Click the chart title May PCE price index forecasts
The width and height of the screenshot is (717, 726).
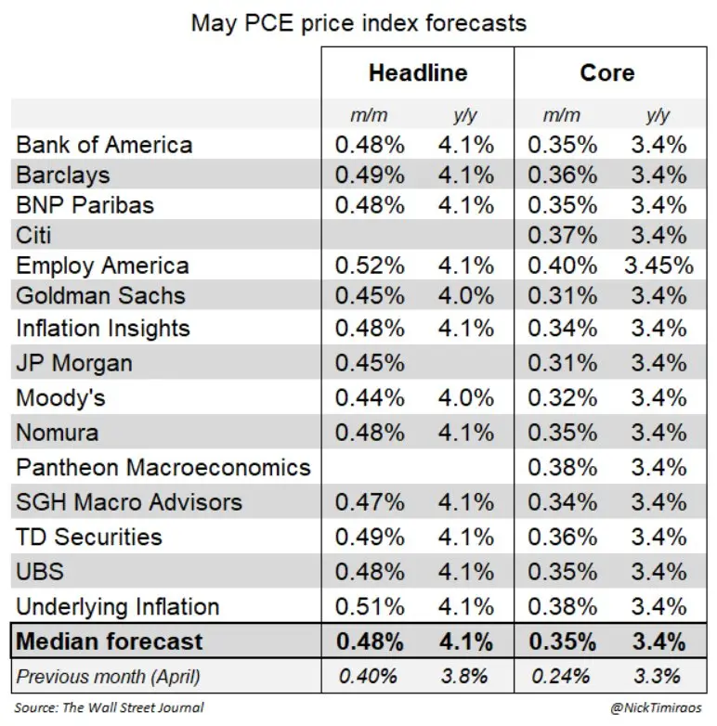(x=358, y=23)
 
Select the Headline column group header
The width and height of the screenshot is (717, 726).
(x=418, y=72)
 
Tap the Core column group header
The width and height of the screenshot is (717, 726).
(x=607, y=72)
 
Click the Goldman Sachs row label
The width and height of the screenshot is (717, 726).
(x=100, y=295)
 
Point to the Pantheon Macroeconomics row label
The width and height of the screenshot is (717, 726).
(x=163, y=467)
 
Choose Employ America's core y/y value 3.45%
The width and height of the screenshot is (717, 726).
(x=658, y=266)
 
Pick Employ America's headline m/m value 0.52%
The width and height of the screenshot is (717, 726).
(x=370, y=266)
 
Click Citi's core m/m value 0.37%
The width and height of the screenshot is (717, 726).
(x=562, y=235)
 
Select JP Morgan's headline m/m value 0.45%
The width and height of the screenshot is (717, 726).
(x=370, y=363)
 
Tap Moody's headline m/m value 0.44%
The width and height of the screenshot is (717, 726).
(x=370, y=397)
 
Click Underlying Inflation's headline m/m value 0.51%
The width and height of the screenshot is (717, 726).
(x=370, y=606)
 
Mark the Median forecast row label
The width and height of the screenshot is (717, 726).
(x=110, y=642)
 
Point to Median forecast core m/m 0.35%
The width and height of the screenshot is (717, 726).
(x=562, y=642)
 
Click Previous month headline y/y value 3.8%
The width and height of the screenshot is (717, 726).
(x=464, y=676)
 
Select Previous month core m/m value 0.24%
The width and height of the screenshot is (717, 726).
(x=560, y=676)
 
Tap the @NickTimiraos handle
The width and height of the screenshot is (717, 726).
(x=656, y=707)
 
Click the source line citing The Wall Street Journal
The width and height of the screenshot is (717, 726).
(x=109, y=707)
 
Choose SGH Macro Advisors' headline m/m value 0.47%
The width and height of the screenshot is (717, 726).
(x=370, y=502)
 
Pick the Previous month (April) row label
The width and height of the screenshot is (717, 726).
(x=108, y=677)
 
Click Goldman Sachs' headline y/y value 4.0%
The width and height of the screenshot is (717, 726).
(x=466, y=295)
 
